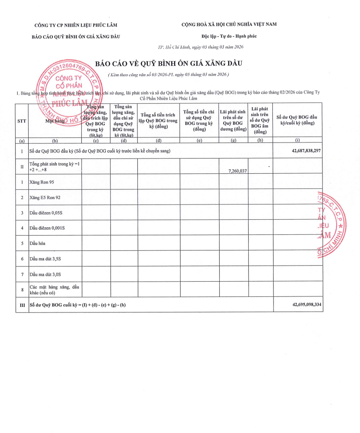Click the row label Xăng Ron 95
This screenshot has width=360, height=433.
tap(42, 182)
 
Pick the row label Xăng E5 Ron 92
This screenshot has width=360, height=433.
tap(45, 197)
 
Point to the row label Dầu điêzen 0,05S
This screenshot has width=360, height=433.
tap(46, 213)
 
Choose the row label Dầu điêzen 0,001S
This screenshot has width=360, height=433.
tap(47, 228)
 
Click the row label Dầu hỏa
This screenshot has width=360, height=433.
tap(38, 243)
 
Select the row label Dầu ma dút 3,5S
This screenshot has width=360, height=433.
tap(45, 258)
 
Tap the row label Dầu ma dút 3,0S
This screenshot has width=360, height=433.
tap(45, 274)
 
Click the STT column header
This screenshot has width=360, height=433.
tap(21, 121)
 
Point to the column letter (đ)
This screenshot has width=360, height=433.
tap(158, 140)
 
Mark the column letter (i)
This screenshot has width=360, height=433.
tap(298, 140)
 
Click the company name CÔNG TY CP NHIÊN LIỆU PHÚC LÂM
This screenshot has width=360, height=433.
tap(76, 24)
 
